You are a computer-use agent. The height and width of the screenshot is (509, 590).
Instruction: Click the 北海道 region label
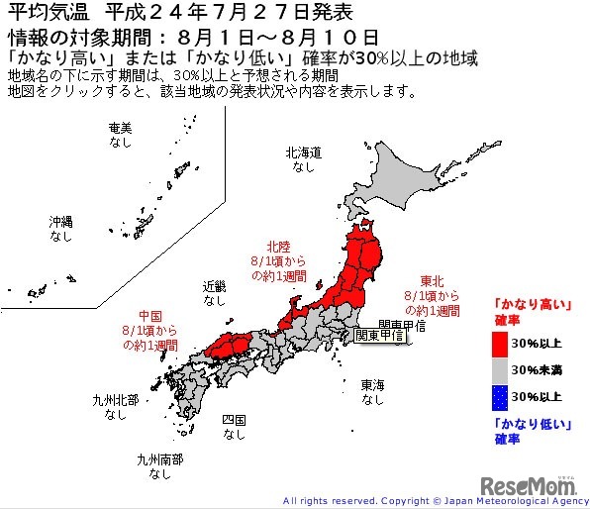(x=303, y=153)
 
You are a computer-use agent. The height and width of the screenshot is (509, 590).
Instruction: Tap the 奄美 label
(x=120, y=129)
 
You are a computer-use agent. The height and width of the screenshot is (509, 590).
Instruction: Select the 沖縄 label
(x=61, y=223)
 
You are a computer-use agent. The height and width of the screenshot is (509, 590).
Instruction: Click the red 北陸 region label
(x=278, y=246)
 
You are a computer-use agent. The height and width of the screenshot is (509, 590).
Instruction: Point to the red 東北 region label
(x=431, y=279)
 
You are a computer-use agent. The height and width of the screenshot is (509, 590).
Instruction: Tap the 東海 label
(x=372, y=384)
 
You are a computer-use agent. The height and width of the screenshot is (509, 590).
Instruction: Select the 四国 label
(x=234, y=419)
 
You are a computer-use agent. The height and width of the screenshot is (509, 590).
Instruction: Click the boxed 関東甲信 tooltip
(x=379, y=335)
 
